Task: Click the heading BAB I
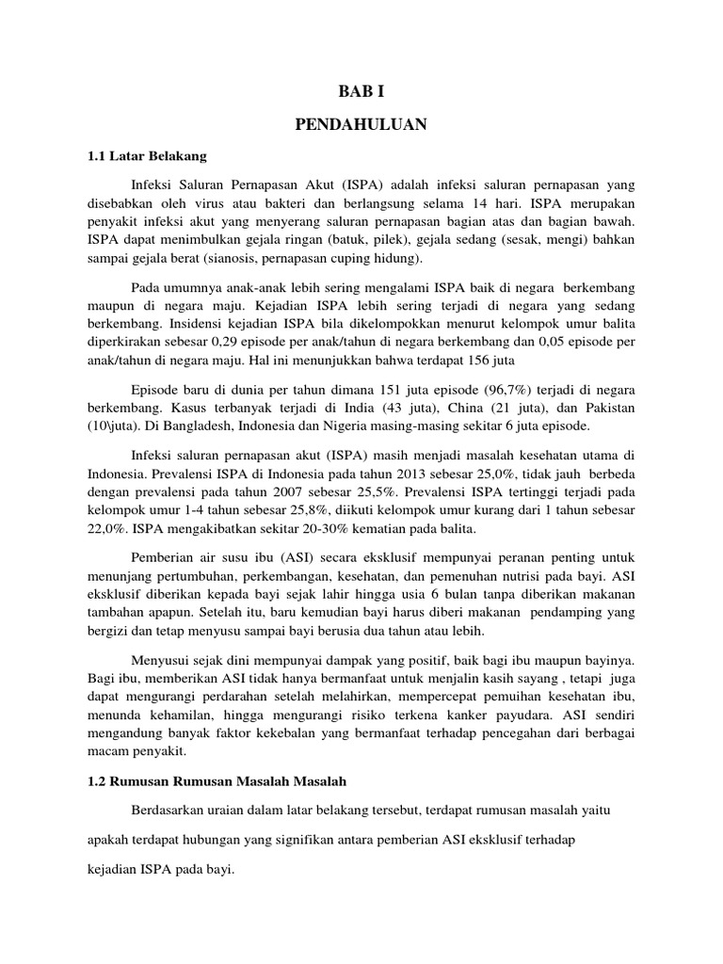coord(361,91)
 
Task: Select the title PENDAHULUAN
coord(361,122)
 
